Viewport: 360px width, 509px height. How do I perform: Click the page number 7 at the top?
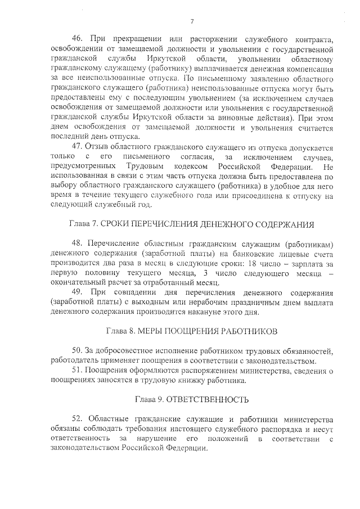point(191,22)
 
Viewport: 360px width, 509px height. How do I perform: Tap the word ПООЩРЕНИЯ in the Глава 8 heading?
point(198,332)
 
